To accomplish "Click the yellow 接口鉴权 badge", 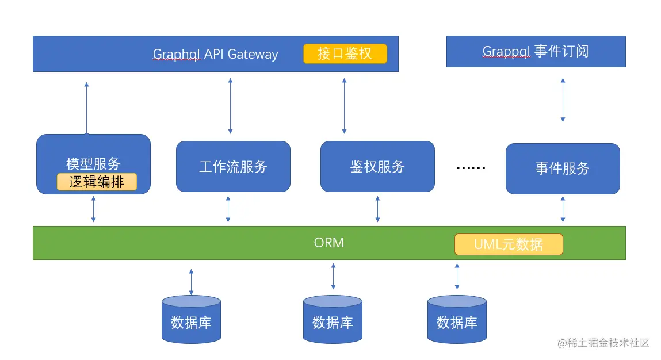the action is pyautogui.click(x=345, y=53).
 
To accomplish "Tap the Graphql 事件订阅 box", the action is pyautogui.click(x=536, y=51).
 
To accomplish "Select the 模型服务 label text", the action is pyautogui.click(x=93, y=163).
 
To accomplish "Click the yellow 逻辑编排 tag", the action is pyautogui.click(x=97, y=182).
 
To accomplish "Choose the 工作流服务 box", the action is pyautogui.click(x=233, y=167).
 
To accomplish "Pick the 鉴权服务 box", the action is pyautogui.click(x=377, y=167).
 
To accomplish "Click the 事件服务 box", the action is pyautogui.click(x=563, y=168).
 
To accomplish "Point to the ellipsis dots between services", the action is pyautogui.click(x=471, y=168).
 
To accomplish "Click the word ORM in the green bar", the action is pyautogui.click(x=329, y=243).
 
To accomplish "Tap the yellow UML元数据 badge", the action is pyautogui.click(x=509, y=244).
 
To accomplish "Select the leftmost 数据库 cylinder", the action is pyautogui.click(x=192, y=319).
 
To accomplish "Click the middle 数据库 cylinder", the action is pyautogui.click(x=333, y=319).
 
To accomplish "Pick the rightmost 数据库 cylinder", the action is pyautogui.click(x=457, y=319).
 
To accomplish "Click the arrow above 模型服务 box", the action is pyautogui.click(x=86, y=108).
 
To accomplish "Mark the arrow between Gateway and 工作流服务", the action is pyautogui.click(x=230, y=106).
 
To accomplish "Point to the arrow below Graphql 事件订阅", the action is pyautogui.click(x=563, y=100).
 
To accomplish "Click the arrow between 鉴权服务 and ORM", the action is pyautogui.click(x=377, y=209).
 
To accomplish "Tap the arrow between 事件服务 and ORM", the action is pyautogui.click(x=563, y=209).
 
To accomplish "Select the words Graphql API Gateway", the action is pyautogui.click(x=215, y=55).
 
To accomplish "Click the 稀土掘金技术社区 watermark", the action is pyautogui.click(x=603, y=343).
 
